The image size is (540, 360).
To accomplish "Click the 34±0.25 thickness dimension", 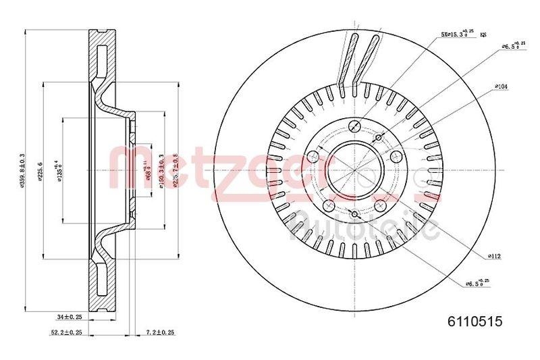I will [70, 316].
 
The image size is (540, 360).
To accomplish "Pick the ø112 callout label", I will [495, 255].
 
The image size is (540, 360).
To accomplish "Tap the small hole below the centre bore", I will [354, 215].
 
